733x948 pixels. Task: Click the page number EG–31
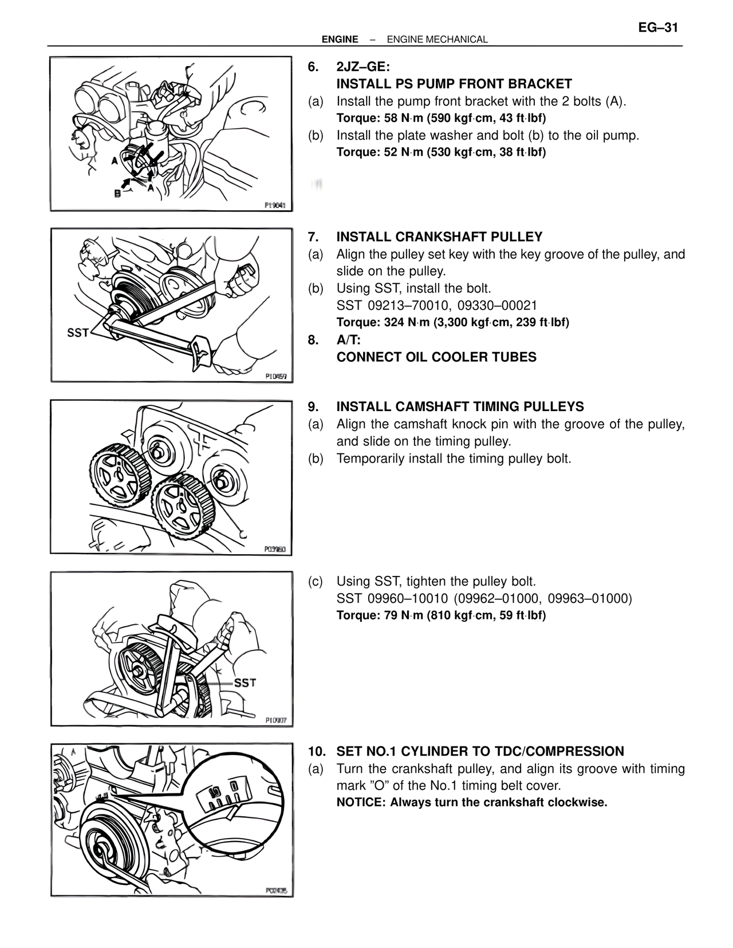click(658, 28)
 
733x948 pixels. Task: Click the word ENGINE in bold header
click(340, 39)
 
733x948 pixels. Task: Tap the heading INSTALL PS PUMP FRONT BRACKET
click(454, 84)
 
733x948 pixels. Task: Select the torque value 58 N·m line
click(441, 118)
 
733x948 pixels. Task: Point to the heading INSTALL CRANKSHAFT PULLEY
click(439, 237)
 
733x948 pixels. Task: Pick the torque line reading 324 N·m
click(452, 322)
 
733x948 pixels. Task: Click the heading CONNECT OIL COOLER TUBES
click(436, 357)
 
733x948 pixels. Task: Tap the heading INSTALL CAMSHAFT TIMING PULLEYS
click(460, 407)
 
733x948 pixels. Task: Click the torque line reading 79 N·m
click(441, 615)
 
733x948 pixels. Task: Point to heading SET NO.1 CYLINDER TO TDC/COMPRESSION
click(480, 751)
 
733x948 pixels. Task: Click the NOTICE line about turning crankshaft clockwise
click(471, 802)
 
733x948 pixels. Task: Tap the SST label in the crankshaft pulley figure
click(78, 332)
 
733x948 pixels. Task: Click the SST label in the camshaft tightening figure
click(245, 683)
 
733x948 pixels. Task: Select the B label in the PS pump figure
click(117, 193)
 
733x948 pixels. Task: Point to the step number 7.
click(313, 237)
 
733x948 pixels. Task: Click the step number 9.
click(313, 407)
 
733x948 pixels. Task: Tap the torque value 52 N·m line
click(441, 152)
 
